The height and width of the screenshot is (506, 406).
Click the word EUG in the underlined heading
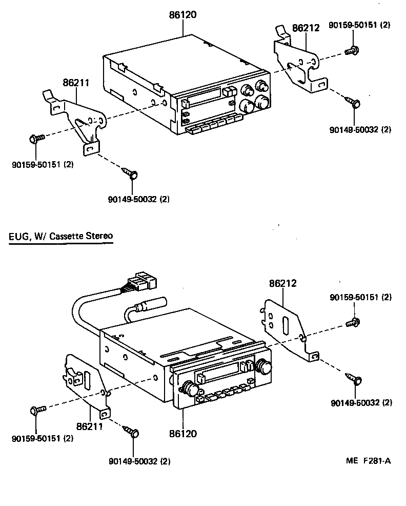pyautogui.click(x=18, y=237)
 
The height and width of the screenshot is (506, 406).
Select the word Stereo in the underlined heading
pyautogui.click(x=99, y=237)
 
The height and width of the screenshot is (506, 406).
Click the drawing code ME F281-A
pyautogui.click(x=368, y=460)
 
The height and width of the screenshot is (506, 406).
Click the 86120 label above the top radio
pyautogui.click(x=183, y=15)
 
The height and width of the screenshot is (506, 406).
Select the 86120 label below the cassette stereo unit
pyautogui.click(x=183, y=434)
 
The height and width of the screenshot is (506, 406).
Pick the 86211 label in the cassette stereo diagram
pyautogui.click(x=90, y=426)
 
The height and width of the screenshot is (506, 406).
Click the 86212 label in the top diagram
pyautogui.click(x=306, y=28)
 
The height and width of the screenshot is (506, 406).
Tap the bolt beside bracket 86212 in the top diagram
pyautogui.click(x=353, y=50)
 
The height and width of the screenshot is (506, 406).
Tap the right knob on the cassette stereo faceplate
pyautogui.click(x=265, y=366)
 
